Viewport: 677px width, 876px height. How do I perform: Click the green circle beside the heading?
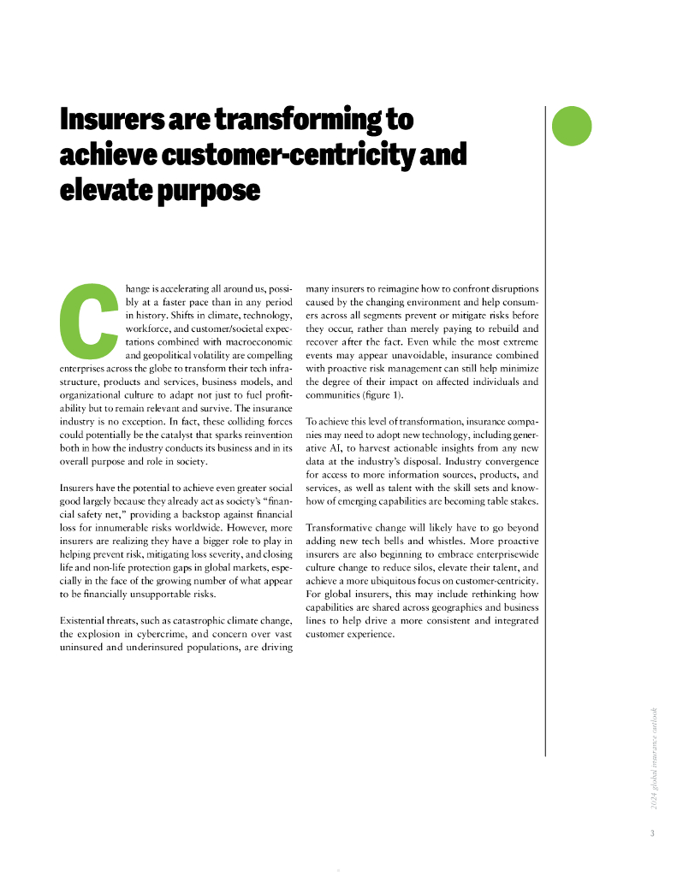point(572,125)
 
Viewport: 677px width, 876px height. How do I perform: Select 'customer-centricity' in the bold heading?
point(288,155)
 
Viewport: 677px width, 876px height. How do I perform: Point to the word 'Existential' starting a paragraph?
point(89,620)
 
